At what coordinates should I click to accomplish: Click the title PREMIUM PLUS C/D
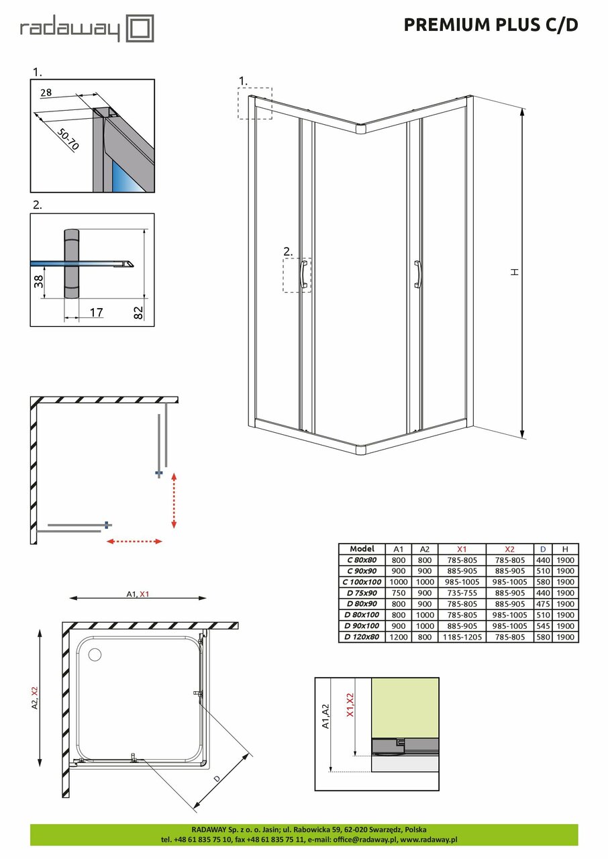[x=491, y=26]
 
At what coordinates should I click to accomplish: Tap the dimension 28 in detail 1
[x=46, y=93]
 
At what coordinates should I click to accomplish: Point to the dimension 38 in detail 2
[x=39, y=281]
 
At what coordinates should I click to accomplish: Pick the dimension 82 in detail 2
[x=138, y=311]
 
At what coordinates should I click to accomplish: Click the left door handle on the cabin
[x=304, y=274]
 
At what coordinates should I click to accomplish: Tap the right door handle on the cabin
[x=418, y=274]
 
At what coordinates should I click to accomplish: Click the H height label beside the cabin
[x=514, y=272]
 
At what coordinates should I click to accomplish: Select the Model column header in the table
[x=362, y=549]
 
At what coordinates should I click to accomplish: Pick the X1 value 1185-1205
[x=461, y=637]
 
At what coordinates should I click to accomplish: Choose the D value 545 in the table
[x=542, y=626]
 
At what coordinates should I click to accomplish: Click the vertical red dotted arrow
[x=174, y=500]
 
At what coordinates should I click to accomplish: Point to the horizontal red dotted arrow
[x=135, y=541]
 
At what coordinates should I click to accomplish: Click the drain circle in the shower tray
[x=92, y=652]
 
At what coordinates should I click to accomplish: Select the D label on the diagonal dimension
[x=217, y=779]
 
